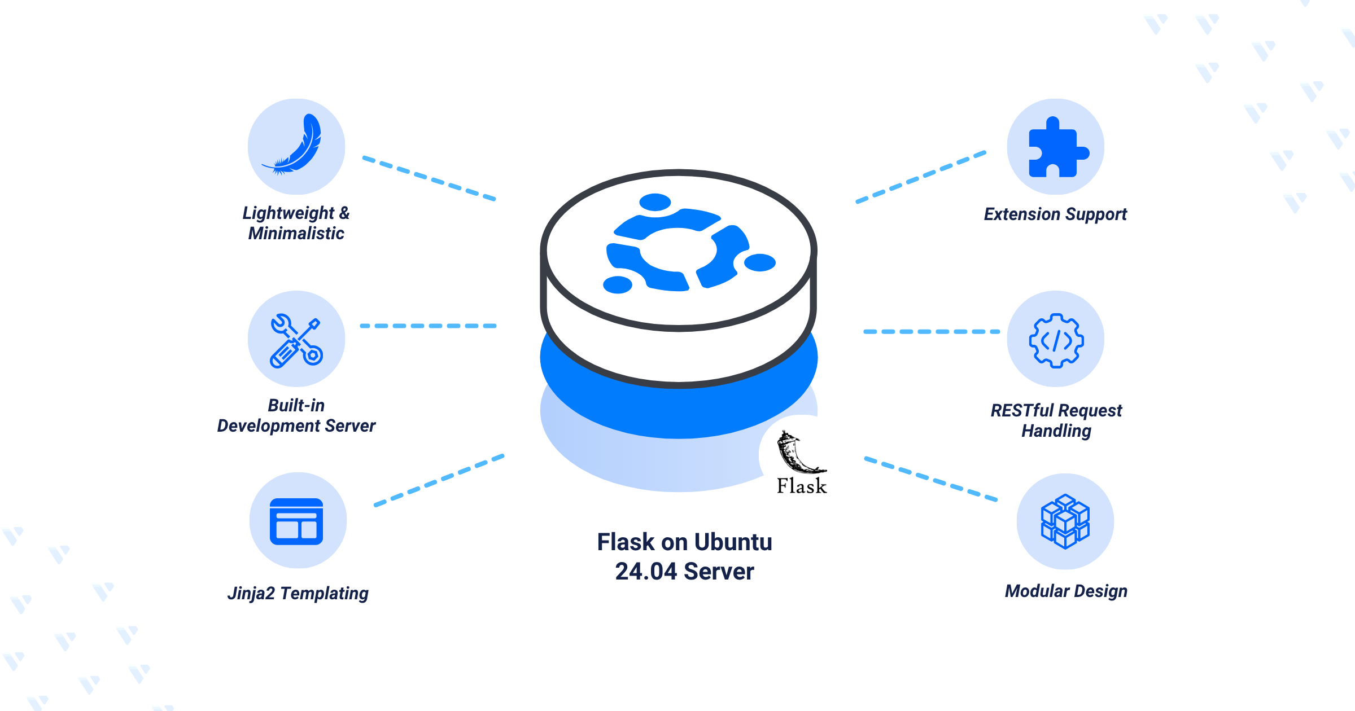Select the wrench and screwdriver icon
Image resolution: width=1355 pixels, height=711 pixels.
click(x=296, y=341)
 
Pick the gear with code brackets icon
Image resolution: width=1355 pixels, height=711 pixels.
click(x=1056, y=341)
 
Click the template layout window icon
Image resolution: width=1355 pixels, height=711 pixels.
click(x=296, y=521)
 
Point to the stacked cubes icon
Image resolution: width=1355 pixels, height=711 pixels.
click(x=1065, y=521)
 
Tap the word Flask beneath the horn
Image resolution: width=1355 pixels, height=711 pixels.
click(x=802, y=486)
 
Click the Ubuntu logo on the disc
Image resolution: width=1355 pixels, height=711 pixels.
click(x=690, y=243)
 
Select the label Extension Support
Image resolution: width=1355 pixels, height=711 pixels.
click(x=1055, y=214)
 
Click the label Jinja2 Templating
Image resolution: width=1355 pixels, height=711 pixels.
click(x=298, y=594)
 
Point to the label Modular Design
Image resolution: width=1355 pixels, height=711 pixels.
click(x=1066, y=591)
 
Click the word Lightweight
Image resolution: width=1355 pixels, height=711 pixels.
click(x=289, y=213)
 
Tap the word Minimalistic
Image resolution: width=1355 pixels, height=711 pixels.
click(x=296, y=234)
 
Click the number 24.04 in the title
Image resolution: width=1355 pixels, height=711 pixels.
click(x=646, y=572)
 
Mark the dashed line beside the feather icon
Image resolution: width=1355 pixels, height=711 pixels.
click(x=429, y=178)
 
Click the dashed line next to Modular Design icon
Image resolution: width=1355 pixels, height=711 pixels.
click(x=931, y=479)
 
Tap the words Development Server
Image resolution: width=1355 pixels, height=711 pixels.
click(x=296, y=426)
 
